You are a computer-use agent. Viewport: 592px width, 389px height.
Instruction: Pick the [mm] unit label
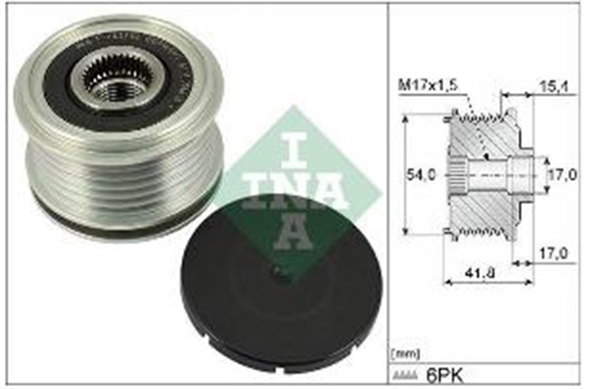[x=405, y=354]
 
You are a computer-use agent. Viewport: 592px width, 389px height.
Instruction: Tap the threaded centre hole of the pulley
[x=117, y=89]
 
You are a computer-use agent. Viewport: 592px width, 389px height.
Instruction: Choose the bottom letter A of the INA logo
[x=293, y=232]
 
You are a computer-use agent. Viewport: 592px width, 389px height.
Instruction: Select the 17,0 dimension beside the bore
[x=562, y=175]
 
